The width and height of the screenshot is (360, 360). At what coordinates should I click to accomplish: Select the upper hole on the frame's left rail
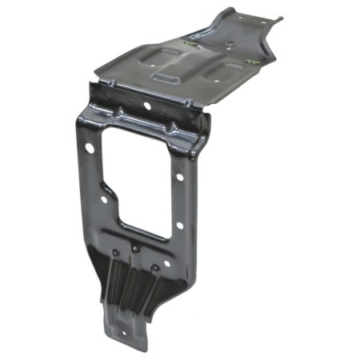tap(89, 149)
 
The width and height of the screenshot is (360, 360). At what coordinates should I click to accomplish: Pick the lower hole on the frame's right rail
tap(178, 225)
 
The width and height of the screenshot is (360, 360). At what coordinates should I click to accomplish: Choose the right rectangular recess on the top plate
tap(223, 74)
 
